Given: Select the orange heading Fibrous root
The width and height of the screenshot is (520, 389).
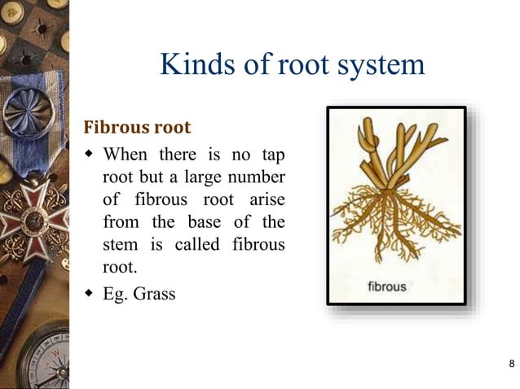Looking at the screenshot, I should point(138,128).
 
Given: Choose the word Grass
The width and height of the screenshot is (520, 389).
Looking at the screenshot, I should point(155,294).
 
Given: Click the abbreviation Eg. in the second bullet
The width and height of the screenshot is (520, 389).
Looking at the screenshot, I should point(116,294).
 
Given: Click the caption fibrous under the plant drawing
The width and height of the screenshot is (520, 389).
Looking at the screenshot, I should point(386,287).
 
